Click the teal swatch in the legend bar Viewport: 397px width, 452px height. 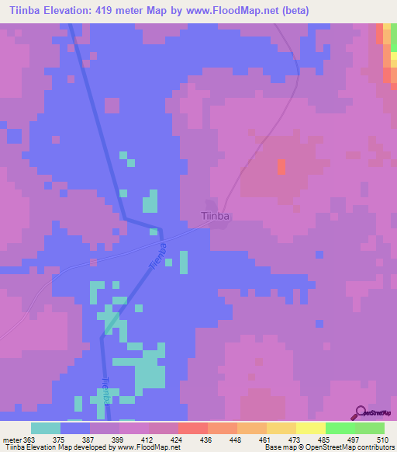tap(45, 428)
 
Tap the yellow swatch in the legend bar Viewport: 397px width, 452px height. tap(310, 428)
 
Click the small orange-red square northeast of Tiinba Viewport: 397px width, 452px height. tap(281, 167)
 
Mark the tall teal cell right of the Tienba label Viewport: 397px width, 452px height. tap(184, 262)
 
